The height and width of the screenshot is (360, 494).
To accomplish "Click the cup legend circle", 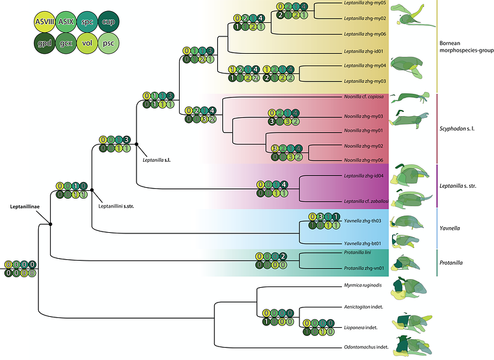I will coord(107,22).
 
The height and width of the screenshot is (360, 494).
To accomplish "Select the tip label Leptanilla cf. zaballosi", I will coord(366,201).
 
